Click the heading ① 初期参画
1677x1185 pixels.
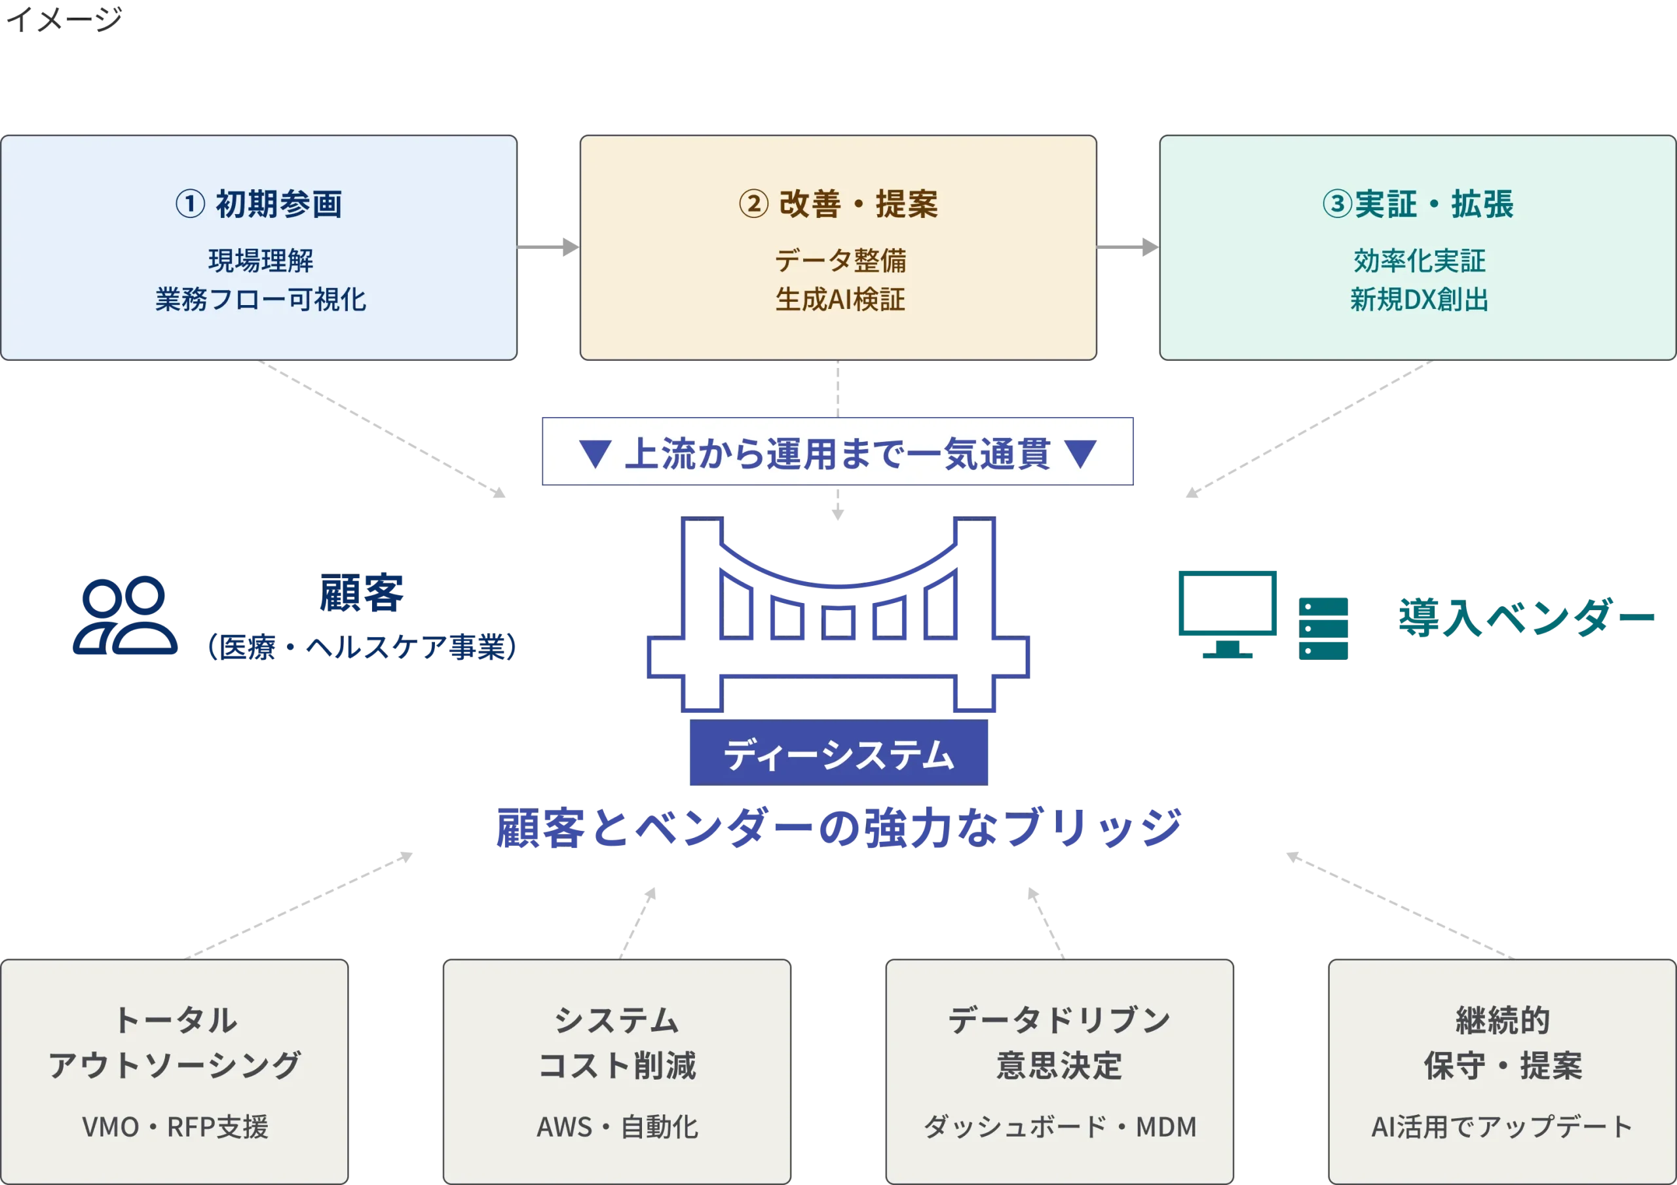coord(259,204)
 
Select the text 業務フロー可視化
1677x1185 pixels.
coord(260,299)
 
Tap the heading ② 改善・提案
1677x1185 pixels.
coord(838,204)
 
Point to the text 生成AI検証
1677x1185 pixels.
coord(839,299)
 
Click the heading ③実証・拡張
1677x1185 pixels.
coord(1417,204)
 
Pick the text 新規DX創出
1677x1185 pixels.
coord(1418,299)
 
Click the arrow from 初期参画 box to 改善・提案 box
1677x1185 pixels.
coord(548,247)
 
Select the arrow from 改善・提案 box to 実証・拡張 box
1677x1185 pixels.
coord(1129,247)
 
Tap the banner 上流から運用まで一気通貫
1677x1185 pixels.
coord(838,452)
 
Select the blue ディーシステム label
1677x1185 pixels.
coord(838,754)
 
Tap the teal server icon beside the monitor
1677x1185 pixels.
coord(1323,628)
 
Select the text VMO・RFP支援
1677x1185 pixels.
coord(176,1127)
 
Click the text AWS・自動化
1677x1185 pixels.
coord(617,1127)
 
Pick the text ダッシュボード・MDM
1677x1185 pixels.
coord(1060,1127)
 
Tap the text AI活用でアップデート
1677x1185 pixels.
coord(1501,1127)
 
